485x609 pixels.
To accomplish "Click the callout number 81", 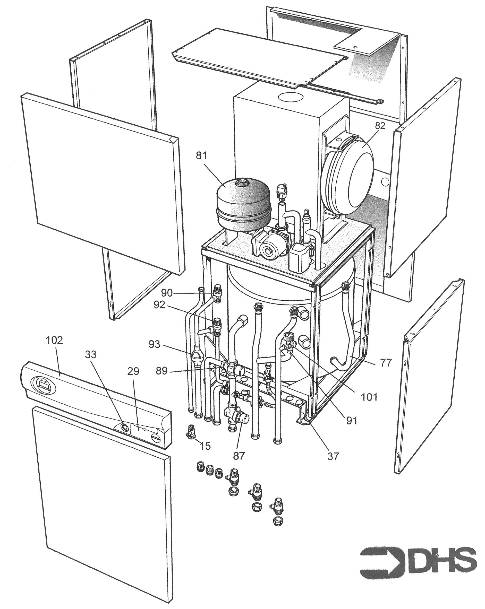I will [201, 156].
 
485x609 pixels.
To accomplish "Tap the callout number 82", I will [380, 126].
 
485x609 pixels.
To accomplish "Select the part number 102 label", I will [54, 340].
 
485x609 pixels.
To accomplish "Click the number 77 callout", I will [386, 363].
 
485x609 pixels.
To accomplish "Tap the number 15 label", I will [206, 446].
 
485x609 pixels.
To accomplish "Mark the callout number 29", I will [133, 372].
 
